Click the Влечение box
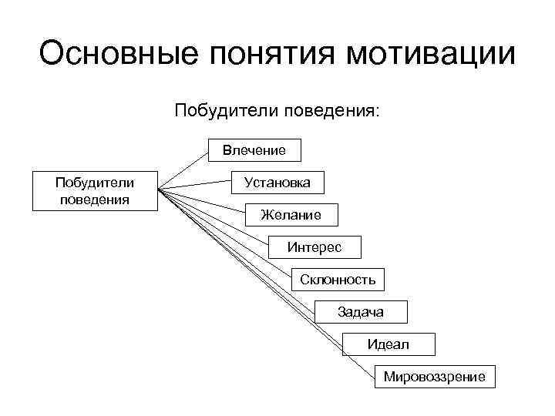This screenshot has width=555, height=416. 254,150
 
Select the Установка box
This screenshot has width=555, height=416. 277,183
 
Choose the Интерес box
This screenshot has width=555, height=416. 314,247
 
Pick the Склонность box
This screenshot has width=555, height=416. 338,280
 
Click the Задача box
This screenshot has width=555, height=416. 360,312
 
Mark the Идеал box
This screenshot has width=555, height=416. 388,344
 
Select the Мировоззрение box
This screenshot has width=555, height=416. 434,377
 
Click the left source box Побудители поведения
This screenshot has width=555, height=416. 95,190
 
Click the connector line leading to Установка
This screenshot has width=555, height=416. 197,186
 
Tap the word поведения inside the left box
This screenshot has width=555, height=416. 95,198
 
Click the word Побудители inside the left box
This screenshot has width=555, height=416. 95,183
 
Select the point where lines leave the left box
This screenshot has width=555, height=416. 159,190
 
